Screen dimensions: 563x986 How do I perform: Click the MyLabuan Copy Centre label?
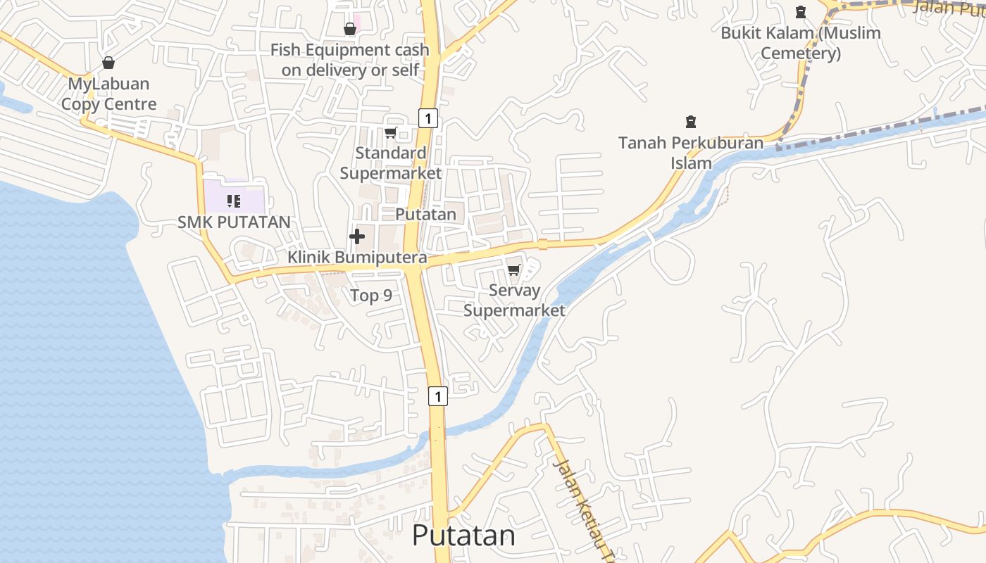pyautogui.click(x=108, y=94)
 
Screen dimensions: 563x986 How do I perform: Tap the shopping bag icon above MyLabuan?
pyautogui.click(x=108, y=63)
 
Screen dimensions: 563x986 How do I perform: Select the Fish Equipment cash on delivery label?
pyautogui.click(x=350, y=60)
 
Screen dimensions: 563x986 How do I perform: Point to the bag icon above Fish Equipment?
pyautogui.click(x=349, y=29)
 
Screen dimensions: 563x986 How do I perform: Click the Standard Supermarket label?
pyautogui.click(x=391, y=163)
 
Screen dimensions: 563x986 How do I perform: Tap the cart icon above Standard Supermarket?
pyautogui.click(x=391, y=132)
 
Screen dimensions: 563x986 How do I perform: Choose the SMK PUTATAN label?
pyautogui.click(x=234, y=222)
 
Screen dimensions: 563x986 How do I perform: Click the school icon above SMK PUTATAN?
pyautogui.click(x=234, y=201)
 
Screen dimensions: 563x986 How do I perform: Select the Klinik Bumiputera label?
pyautogui.click(x=357, y=258)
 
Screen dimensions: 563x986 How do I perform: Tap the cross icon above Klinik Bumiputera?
pyautogui.click(x=357, y=236)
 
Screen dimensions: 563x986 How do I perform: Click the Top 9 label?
pyautogui.click(x=371, y=296)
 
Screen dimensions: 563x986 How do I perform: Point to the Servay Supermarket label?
pyautogui.click(x=514, y=301)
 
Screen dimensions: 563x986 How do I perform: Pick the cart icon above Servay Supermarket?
pyautogui.click(x=514, y=270)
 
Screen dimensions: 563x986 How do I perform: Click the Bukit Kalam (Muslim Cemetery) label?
pyautogui.click(x=801, y=43)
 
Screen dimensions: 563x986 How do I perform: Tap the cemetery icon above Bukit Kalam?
pyautogui.click(x=801, y=12)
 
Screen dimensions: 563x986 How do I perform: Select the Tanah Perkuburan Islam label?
pyautogui.click(x=691, y=153)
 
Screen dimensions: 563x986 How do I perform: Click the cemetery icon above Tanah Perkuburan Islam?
pyautogui.click(x=691, y=122)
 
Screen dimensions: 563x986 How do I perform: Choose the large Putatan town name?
pyautogui.click(x=463, y=536)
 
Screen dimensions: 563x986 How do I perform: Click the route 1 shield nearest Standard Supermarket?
pyautogui.click(x=428, y=118)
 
